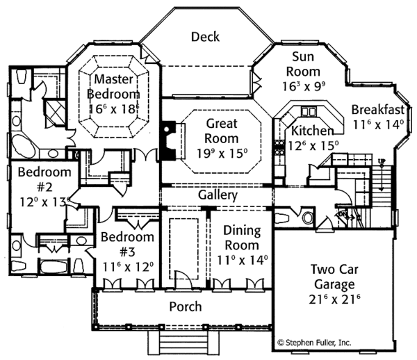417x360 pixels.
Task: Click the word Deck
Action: pyautogui.click(x=205, y=36)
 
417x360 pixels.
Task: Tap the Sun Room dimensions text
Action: pyautogui.click(x=306, y=88)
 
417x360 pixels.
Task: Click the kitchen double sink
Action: pyautogui.click(x=307, y=111)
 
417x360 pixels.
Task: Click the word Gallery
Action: pyautogui.click(x=218, y=195)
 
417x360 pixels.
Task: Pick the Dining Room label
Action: pyautogui.click(x=242, y=238)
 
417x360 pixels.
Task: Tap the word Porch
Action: pyautogui.click(x=186, y=306)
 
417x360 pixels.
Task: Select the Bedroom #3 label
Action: pyautogui.click(x=126, y=245)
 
